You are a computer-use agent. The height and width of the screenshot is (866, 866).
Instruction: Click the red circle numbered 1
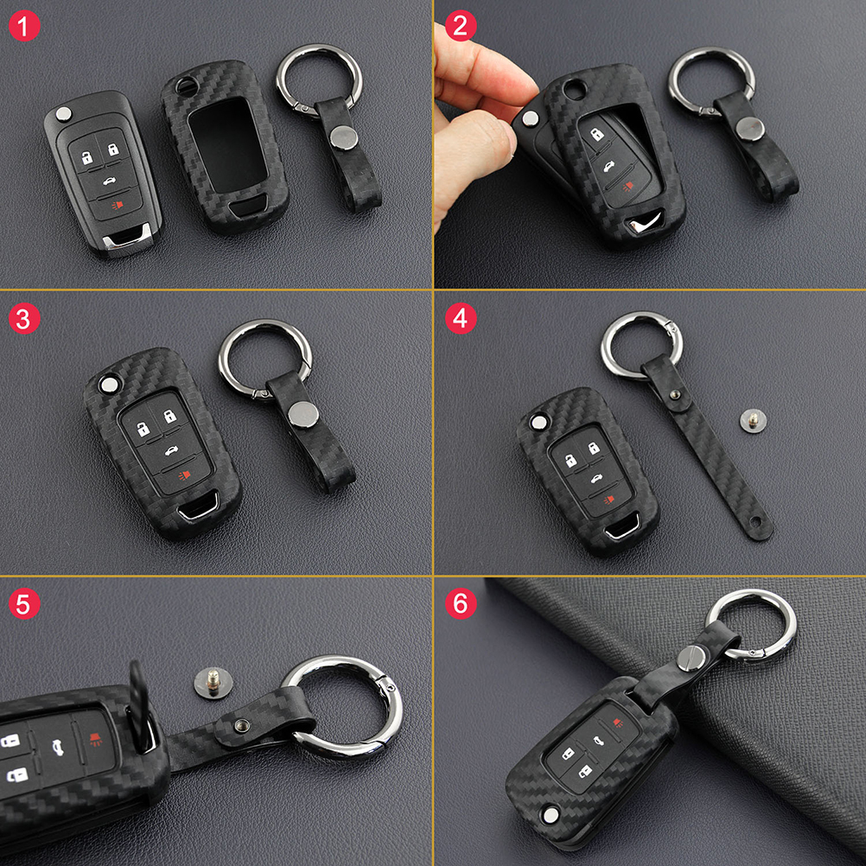[x=24, y=25]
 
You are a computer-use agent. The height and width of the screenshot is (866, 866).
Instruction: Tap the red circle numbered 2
[x=461, y=25]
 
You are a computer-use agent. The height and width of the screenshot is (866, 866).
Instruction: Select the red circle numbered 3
[x=24, y=319]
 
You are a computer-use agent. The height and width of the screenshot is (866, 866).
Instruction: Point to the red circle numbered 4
[x=461, y=319]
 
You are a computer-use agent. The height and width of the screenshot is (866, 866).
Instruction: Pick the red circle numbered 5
[x=24, y=603]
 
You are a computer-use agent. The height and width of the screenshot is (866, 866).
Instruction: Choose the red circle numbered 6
[x=461, y=603]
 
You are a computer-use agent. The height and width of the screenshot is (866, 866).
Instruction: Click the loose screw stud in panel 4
[x=753, y=421]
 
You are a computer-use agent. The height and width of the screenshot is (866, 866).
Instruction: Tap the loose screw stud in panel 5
[x=213, y=683]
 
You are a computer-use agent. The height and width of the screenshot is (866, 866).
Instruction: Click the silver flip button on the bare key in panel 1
[x=63, y=114]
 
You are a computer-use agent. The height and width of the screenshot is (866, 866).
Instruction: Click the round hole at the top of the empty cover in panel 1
[x=184, y=86]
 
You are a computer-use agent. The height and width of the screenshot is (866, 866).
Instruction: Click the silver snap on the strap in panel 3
[x=303, y=414]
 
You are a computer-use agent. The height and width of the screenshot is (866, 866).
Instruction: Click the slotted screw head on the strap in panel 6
[x=689, y=659]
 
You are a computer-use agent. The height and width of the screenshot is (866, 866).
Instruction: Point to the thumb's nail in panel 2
[x=511, y=143]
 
